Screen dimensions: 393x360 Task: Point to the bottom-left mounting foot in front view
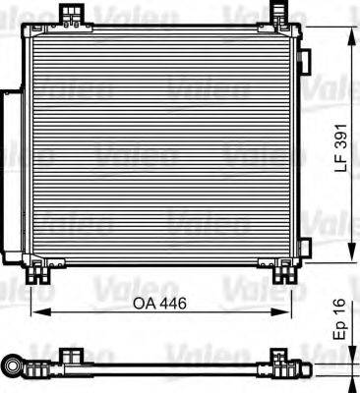coord(42,270)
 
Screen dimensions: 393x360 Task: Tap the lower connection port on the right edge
coord(304,246)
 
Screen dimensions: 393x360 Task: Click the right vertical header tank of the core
coord(294,147)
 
